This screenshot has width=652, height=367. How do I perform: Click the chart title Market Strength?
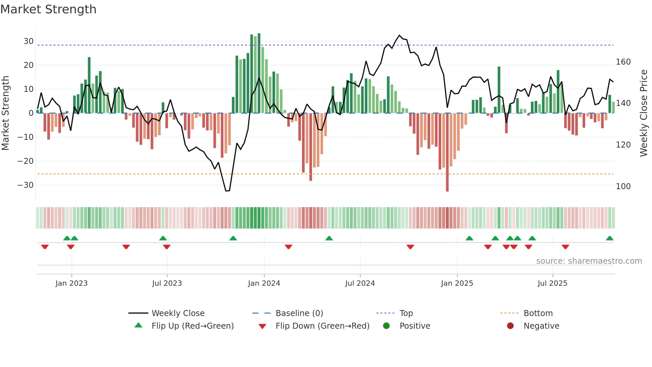coord(48,9)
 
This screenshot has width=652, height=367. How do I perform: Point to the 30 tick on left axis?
coord(29,41)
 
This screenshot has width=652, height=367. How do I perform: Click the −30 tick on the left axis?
coord(26,185)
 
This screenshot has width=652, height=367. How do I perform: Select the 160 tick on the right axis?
coord(623,62)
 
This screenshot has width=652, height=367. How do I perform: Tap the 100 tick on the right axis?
coord(623,186)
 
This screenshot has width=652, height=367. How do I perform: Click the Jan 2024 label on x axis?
coord(264,283)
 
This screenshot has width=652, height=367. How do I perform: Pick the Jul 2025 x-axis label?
coord(553,283)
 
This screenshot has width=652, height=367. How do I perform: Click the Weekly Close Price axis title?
coord(644,113)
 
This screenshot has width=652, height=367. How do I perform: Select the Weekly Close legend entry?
coord(178,313)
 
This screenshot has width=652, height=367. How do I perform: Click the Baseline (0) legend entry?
coord(299,313)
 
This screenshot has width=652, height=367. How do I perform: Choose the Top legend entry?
coord(406,313)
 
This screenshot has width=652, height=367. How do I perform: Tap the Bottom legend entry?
coord(538,313)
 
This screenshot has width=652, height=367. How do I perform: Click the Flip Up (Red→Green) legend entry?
coord(193,326)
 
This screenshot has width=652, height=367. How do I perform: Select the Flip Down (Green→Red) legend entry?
coord(322,326)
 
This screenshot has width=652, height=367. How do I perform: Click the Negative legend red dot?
coord(510,326)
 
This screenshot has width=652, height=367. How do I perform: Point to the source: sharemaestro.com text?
coord(589,261)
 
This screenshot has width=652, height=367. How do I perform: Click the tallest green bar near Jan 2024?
coord(259,73)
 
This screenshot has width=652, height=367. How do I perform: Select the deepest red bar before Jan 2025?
coord(447,153)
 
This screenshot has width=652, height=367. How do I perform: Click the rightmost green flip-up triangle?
coord(610,238)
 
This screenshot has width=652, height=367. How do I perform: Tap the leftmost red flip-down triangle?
coord(45,247)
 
